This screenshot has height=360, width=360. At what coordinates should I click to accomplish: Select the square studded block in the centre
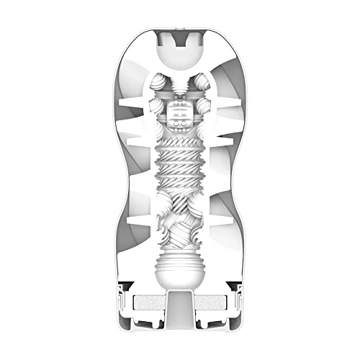point(179,113)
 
